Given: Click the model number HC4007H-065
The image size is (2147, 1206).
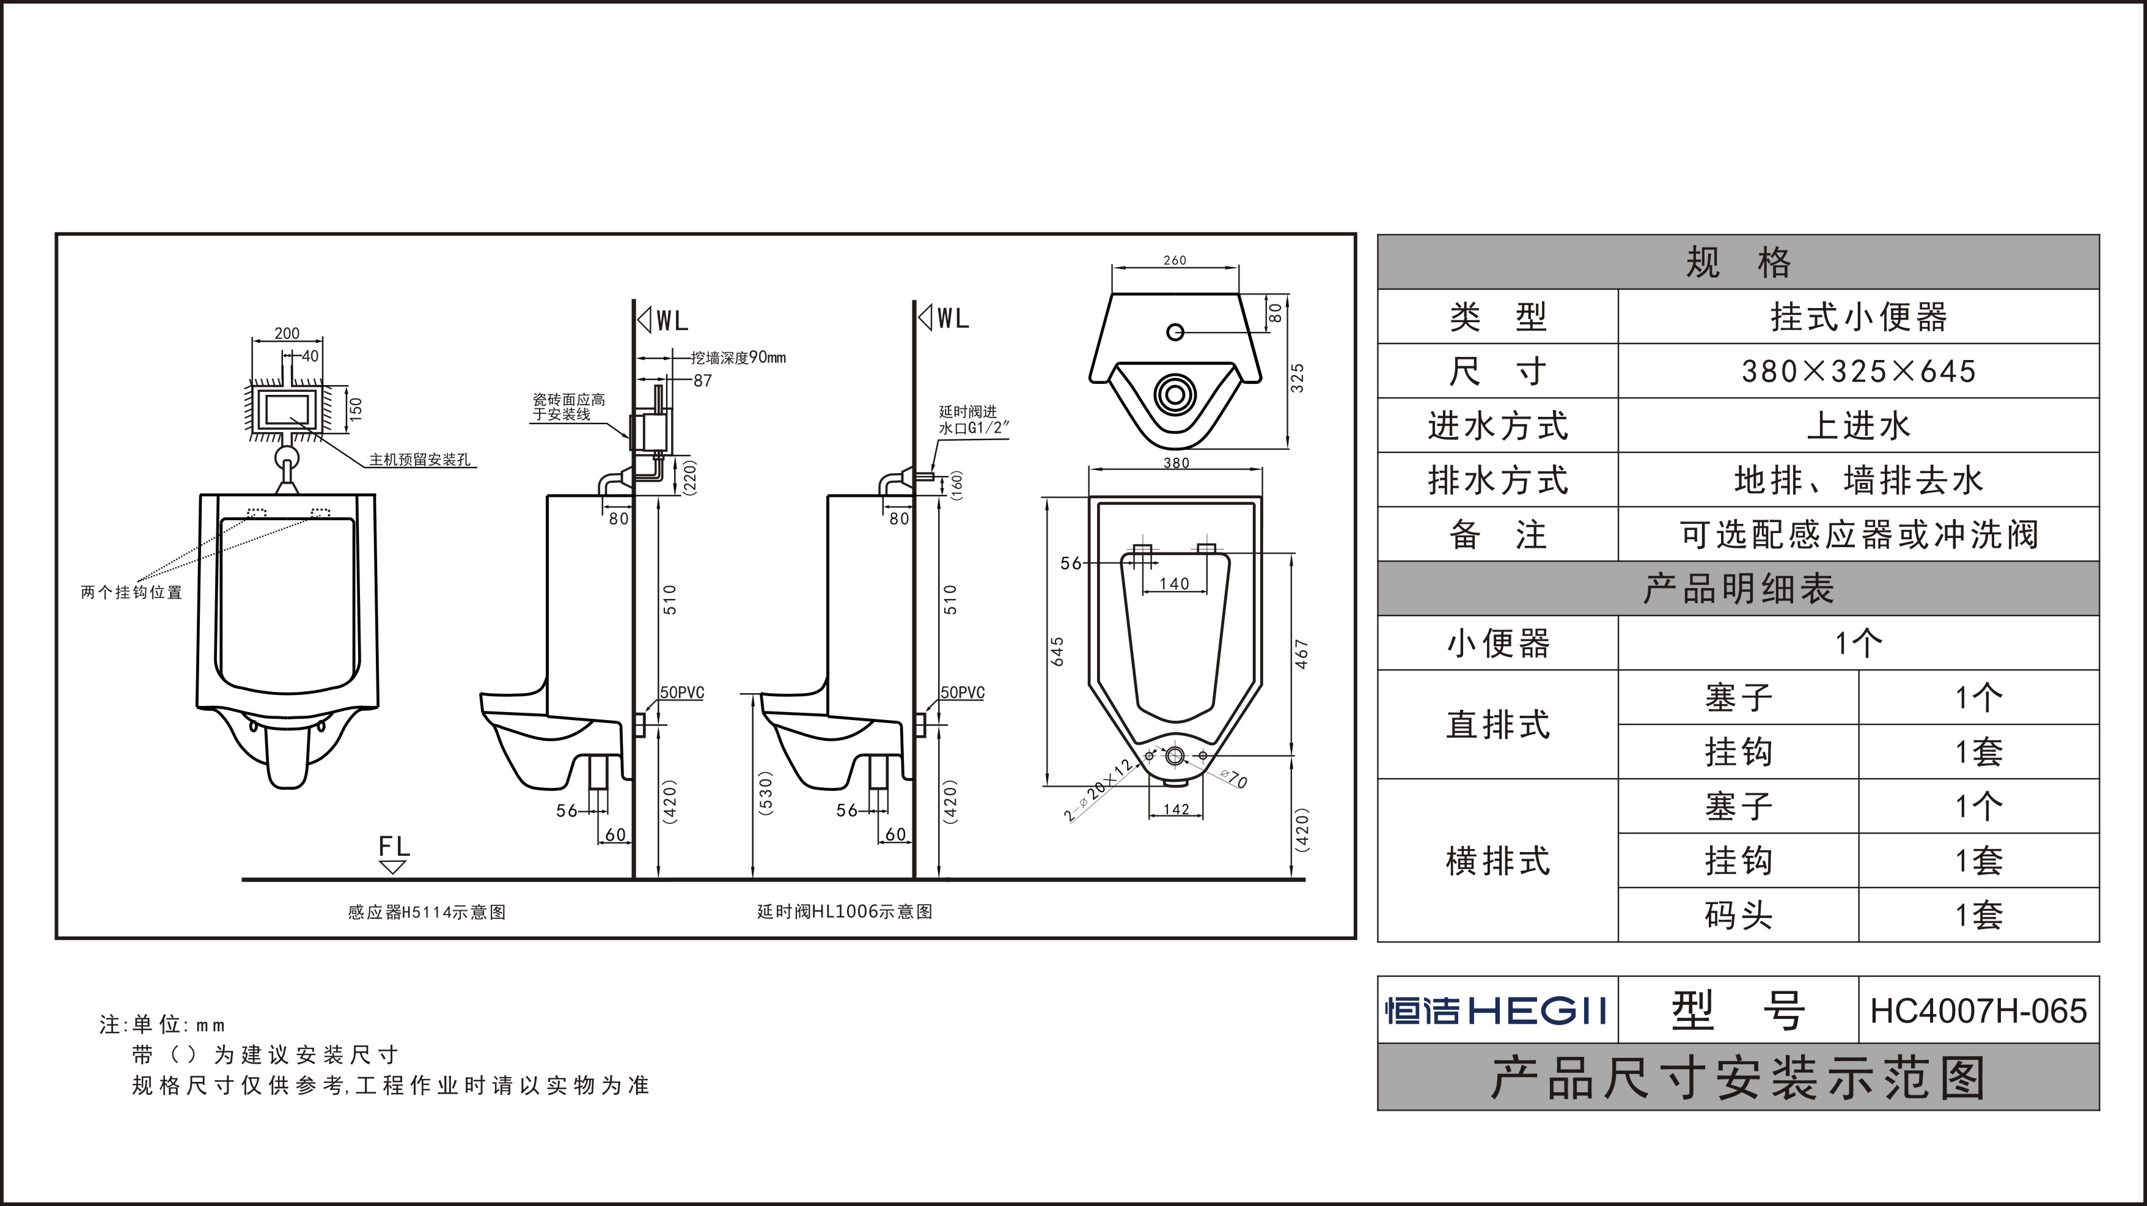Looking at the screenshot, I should (x=1978, y=1011).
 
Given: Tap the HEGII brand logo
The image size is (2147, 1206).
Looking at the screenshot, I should (x=1496, y=1011).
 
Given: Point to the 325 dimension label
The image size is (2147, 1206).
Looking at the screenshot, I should (x=1297, y=378).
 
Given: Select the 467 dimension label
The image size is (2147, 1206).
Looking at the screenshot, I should (x=1302, y=654).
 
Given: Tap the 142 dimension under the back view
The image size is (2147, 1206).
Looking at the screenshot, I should (x=1175, y=809).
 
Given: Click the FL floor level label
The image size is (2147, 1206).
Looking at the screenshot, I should (x=394, y=847).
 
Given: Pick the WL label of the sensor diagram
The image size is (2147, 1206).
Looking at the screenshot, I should (x=671, y=321).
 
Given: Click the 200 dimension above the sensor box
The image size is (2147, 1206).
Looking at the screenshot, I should (x=287, y=333).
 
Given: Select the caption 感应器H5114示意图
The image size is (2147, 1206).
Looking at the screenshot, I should (x=427, y=913).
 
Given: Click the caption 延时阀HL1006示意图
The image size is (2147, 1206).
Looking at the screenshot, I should (x=844, y=912).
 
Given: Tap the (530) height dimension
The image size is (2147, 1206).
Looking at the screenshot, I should (x=766, y=793).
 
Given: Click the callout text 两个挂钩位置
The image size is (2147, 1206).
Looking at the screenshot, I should (x=131, y=592).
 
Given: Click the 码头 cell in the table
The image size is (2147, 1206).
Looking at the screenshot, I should (x=1738, y=915).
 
